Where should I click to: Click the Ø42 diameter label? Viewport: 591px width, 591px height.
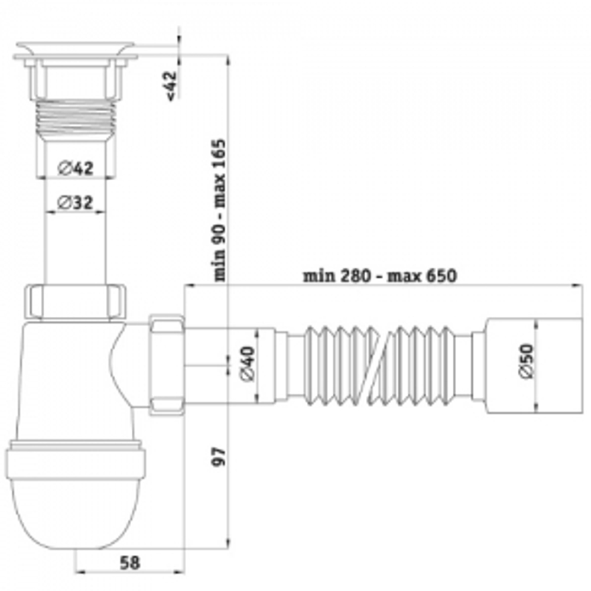[76, 168]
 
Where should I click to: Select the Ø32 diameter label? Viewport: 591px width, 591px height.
[75, 203]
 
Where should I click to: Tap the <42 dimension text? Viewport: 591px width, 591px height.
[171, 86]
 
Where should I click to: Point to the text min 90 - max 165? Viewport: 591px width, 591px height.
[220, 210]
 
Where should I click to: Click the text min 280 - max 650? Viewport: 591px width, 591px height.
[380, 276]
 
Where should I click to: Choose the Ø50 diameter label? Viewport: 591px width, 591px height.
[527, 361]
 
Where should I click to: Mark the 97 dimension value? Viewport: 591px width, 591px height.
[219, 457]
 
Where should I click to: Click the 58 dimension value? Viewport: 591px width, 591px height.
[129, 563]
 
